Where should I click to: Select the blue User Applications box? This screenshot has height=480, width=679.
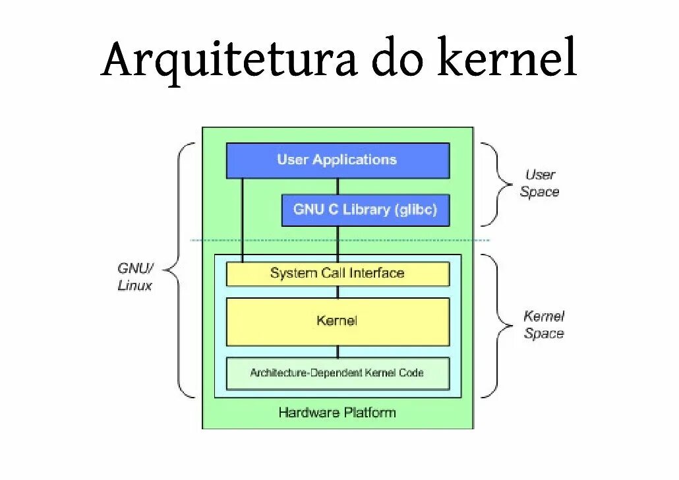338,160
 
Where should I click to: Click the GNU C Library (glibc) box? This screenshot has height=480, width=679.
365,210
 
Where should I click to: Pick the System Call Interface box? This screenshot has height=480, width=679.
338,274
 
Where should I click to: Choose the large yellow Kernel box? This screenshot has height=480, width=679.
338,321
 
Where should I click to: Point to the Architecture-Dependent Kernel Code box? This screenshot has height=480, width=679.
338,373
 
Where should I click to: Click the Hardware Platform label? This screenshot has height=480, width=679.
338,413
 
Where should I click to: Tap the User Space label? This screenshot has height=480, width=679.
539,183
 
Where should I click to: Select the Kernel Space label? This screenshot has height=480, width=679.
544,325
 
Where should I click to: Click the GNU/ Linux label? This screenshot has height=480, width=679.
135,277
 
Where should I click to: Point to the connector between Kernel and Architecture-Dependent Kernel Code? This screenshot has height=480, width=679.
338,351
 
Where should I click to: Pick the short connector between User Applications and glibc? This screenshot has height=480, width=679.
338,187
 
